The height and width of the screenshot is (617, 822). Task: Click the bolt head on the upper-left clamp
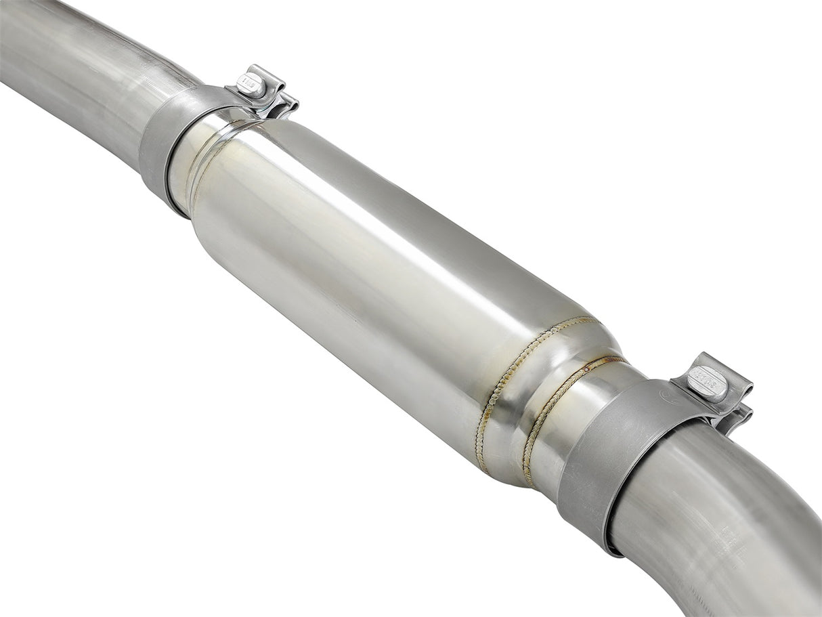[x=252, y=85]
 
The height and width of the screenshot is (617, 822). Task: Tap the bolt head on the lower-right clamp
[x=708, y=383]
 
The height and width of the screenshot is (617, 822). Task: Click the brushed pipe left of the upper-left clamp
[x=74, y=68]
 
